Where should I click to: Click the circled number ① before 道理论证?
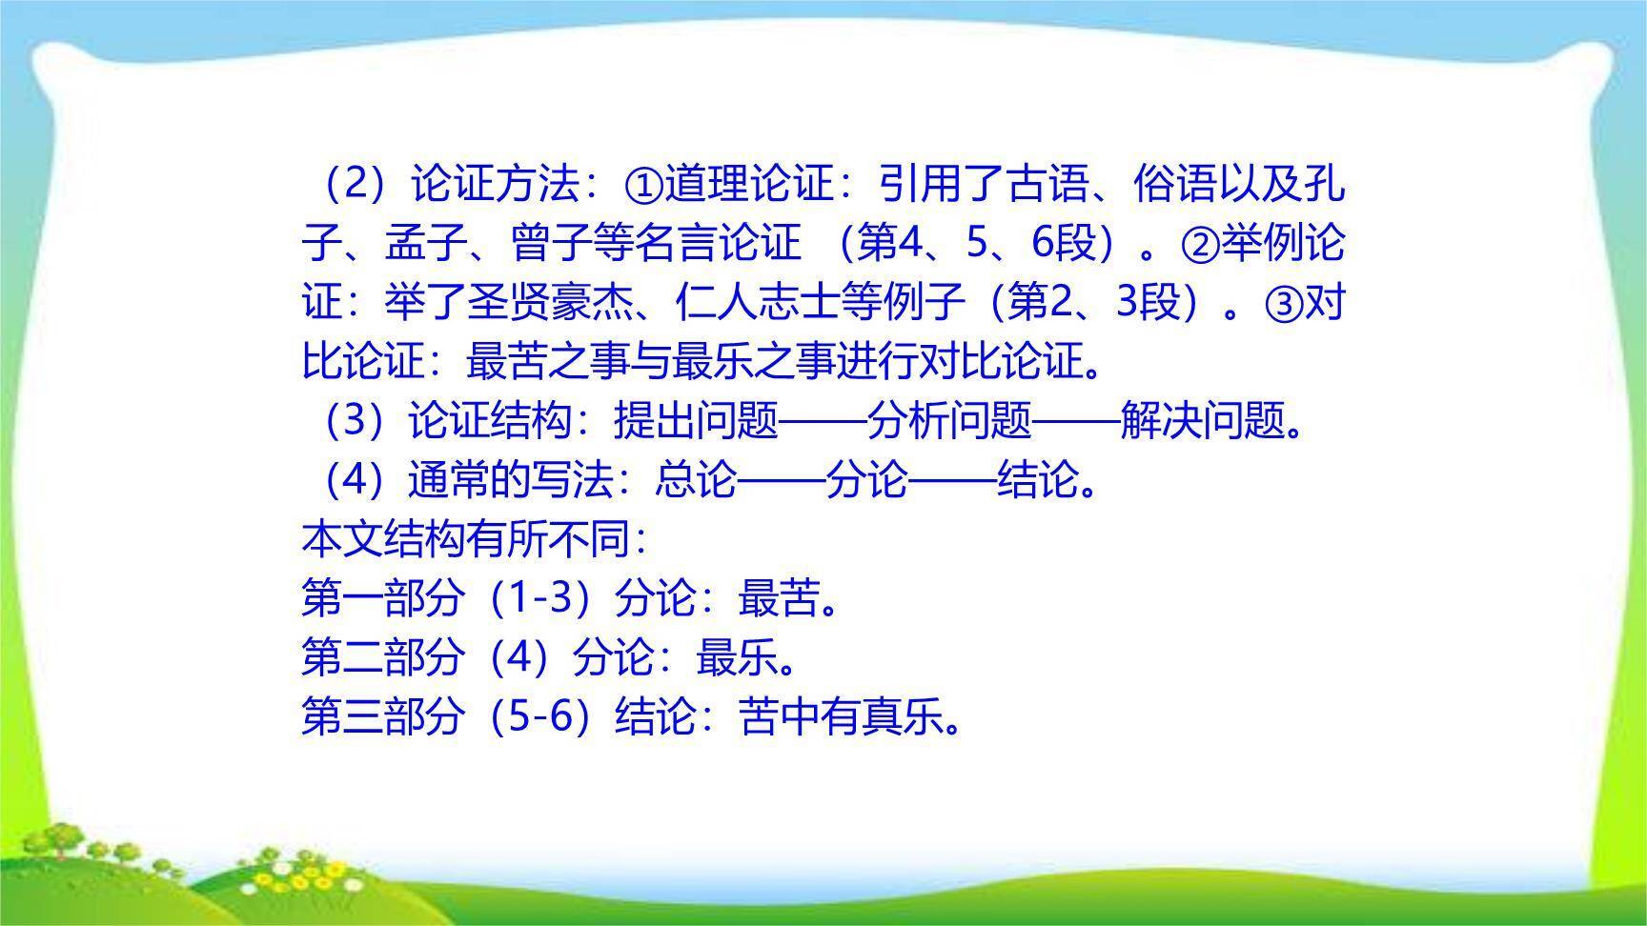point(643,185)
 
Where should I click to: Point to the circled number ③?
point(1283,304)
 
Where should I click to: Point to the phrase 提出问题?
point(697,421)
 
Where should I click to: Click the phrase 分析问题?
point(949,421)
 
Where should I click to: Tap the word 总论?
point(697,480)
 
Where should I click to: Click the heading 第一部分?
point(383,599)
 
